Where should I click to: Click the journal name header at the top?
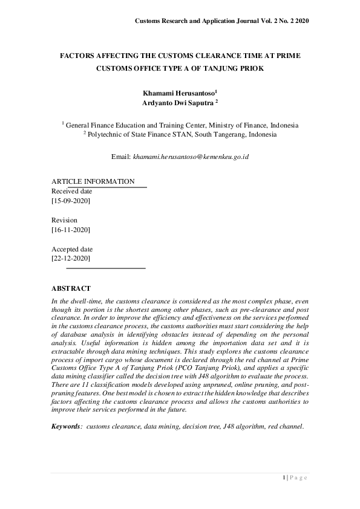click(x=221, y=21)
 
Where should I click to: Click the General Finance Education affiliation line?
click(x=181, y=125)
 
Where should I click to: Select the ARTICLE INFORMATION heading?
click(x=93, y=181)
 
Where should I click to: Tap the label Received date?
click(x=71, y=191)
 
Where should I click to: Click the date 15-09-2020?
click(x=71, y=200)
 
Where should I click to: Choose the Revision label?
click(x=64, y=220)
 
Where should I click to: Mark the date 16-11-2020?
click(x=71, y=230)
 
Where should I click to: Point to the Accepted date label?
click(x=71, y=249)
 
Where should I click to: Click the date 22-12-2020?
click(x=71, y=258)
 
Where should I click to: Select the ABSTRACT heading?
click(x=71, y=288)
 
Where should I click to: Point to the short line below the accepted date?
click(x=105, y=267)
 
